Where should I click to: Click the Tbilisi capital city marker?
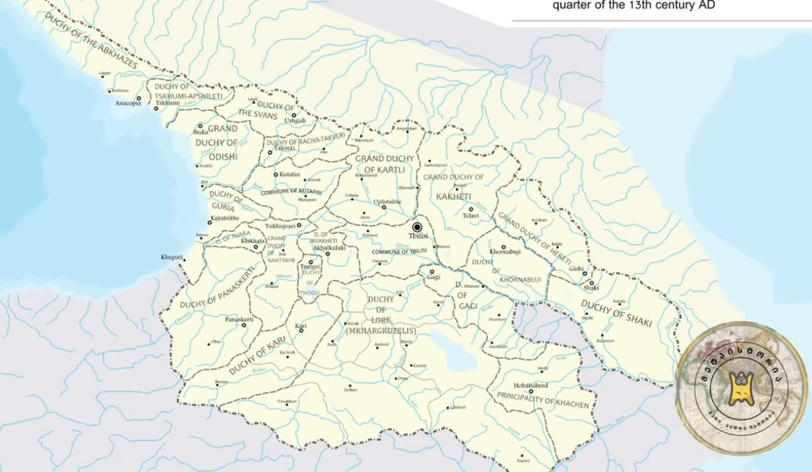417,227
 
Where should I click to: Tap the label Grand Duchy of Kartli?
380,164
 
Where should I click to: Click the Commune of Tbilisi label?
400,251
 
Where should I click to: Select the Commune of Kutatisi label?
291,191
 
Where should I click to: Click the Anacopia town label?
127,103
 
